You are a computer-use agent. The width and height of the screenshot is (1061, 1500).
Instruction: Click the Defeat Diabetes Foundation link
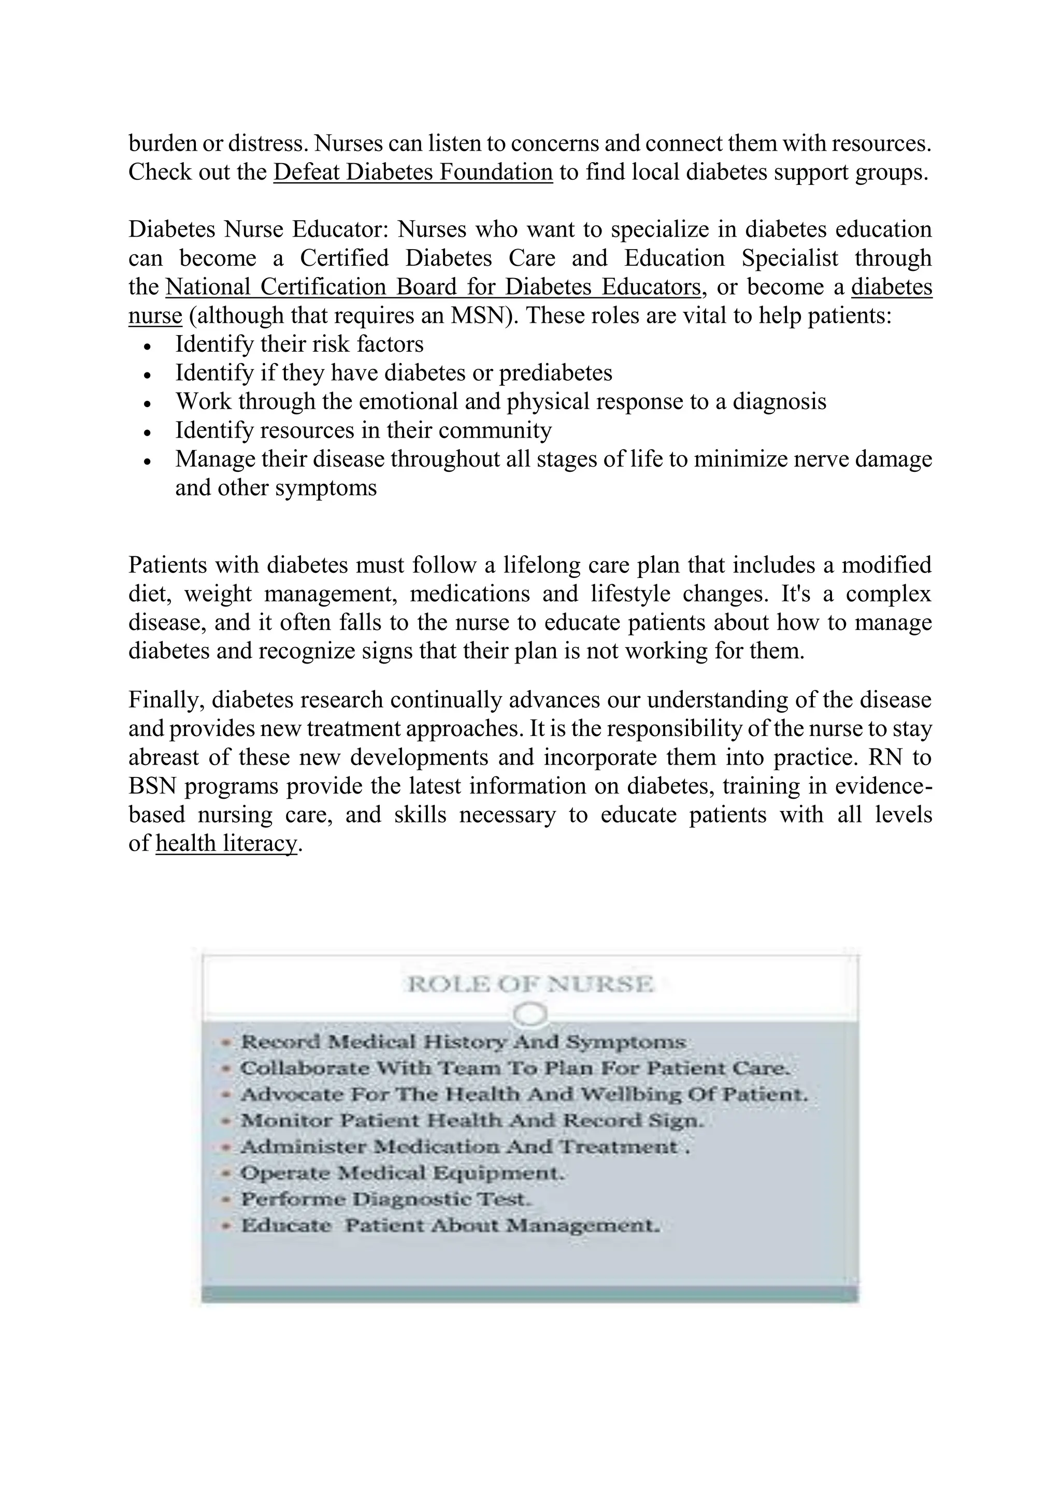pos(413,172)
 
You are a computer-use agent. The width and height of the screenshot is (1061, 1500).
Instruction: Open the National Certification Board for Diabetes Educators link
pos(433,287)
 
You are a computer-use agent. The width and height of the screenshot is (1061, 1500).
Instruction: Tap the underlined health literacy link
pos(226,843)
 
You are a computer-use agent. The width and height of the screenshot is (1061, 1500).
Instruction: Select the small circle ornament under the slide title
pos(530,1015)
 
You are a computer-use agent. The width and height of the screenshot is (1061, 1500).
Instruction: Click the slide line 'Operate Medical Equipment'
pos(401,1173)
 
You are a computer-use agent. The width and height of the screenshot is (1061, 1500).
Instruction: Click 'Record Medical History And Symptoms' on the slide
pos(463,1042)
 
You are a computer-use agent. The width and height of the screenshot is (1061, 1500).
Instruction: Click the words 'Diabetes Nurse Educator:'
pos(259,230)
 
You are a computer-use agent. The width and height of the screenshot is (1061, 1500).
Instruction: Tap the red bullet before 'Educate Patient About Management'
pos(226,1225)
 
